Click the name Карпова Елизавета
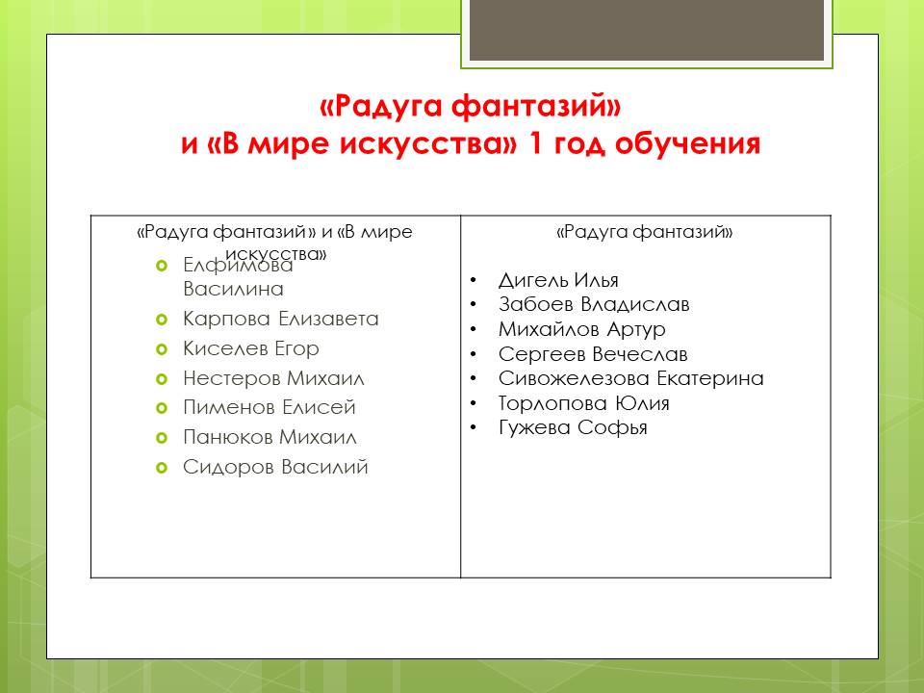(280, 319)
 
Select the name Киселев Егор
(251, 348)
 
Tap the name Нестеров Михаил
(273, 377)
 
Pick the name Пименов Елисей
(269, 407)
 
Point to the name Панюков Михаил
(269, 437)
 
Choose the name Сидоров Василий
(275, 467)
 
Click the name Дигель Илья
(558, 280)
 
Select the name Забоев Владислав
(594, 304)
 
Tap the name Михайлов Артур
(582, 329)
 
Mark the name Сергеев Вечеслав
(593, 354)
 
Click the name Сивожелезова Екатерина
(631, 378)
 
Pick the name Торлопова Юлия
(584, 403)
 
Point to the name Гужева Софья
(573, 427)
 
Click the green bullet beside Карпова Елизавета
(162, 320)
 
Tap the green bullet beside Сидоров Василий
(162, 468)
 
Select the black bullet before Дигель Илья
(474, 280)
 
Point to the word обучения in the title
(687, 144)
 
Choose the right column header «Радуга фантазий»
(645, 232)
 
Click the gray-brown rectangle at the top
(647, 30)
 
